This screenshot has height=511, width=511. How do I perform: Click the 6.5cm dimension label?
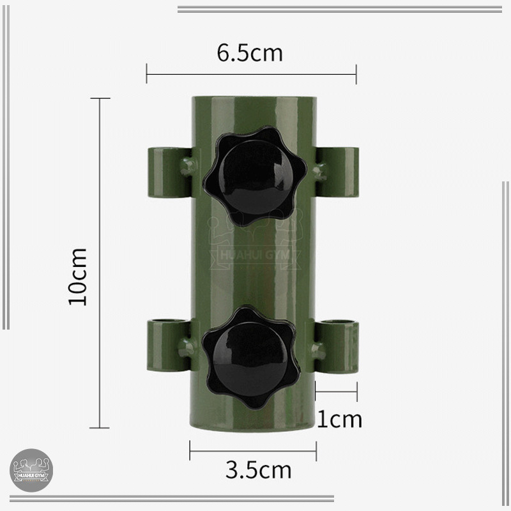tap(250, 53)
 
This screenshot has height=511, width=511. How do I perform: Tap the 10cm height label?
tap(78, 277)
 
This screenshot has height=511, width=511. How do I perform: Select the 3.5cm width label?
tap(259, 470)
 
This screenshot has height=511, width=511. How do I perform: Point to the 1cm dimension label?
tap(339, 420)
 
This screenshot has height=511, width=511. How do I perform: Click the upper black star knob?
tap(255, 176)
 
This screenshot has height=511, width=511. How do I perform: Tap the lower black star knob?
tap(251, 357)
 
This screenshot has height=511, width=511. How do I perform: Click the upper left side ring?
tap(170, 172)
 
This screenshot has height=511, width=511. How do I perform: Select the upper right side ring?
tap(337, 172)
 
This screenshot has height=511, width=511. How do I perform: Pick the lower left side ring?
tap(169, 346)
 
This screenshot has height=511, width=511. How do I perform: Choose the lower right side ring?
tap(337, 347)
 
